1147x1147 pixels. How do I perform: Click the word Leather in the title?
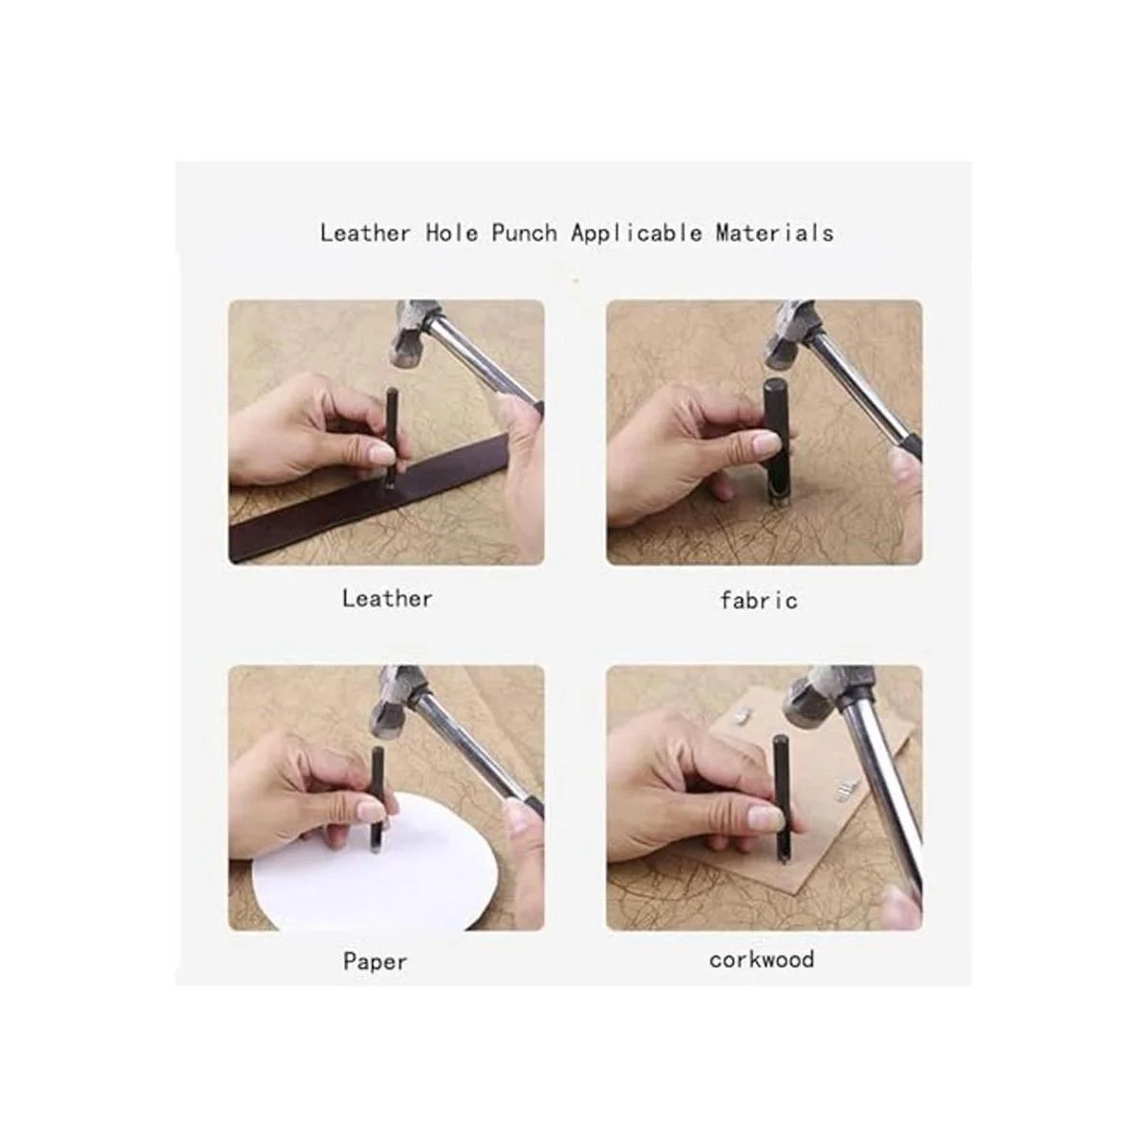(x=365, y=232)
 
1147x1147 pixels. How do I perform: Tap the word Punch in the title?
(x=524, y=233)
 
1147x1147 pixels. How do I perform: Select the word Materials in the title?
(x=774, y=232)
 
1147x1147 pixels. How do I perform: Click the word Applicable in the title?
(x=637, y=233)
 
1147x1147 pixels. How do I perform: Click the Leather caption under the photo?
(x=387, y=598)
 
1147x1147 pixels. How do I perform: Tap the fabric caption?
(x=758, y=600)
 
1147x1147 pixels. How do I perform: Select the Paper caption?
(x=375, y=962)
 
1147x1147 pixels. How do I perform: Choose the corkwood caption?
(x=761, y=960)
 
